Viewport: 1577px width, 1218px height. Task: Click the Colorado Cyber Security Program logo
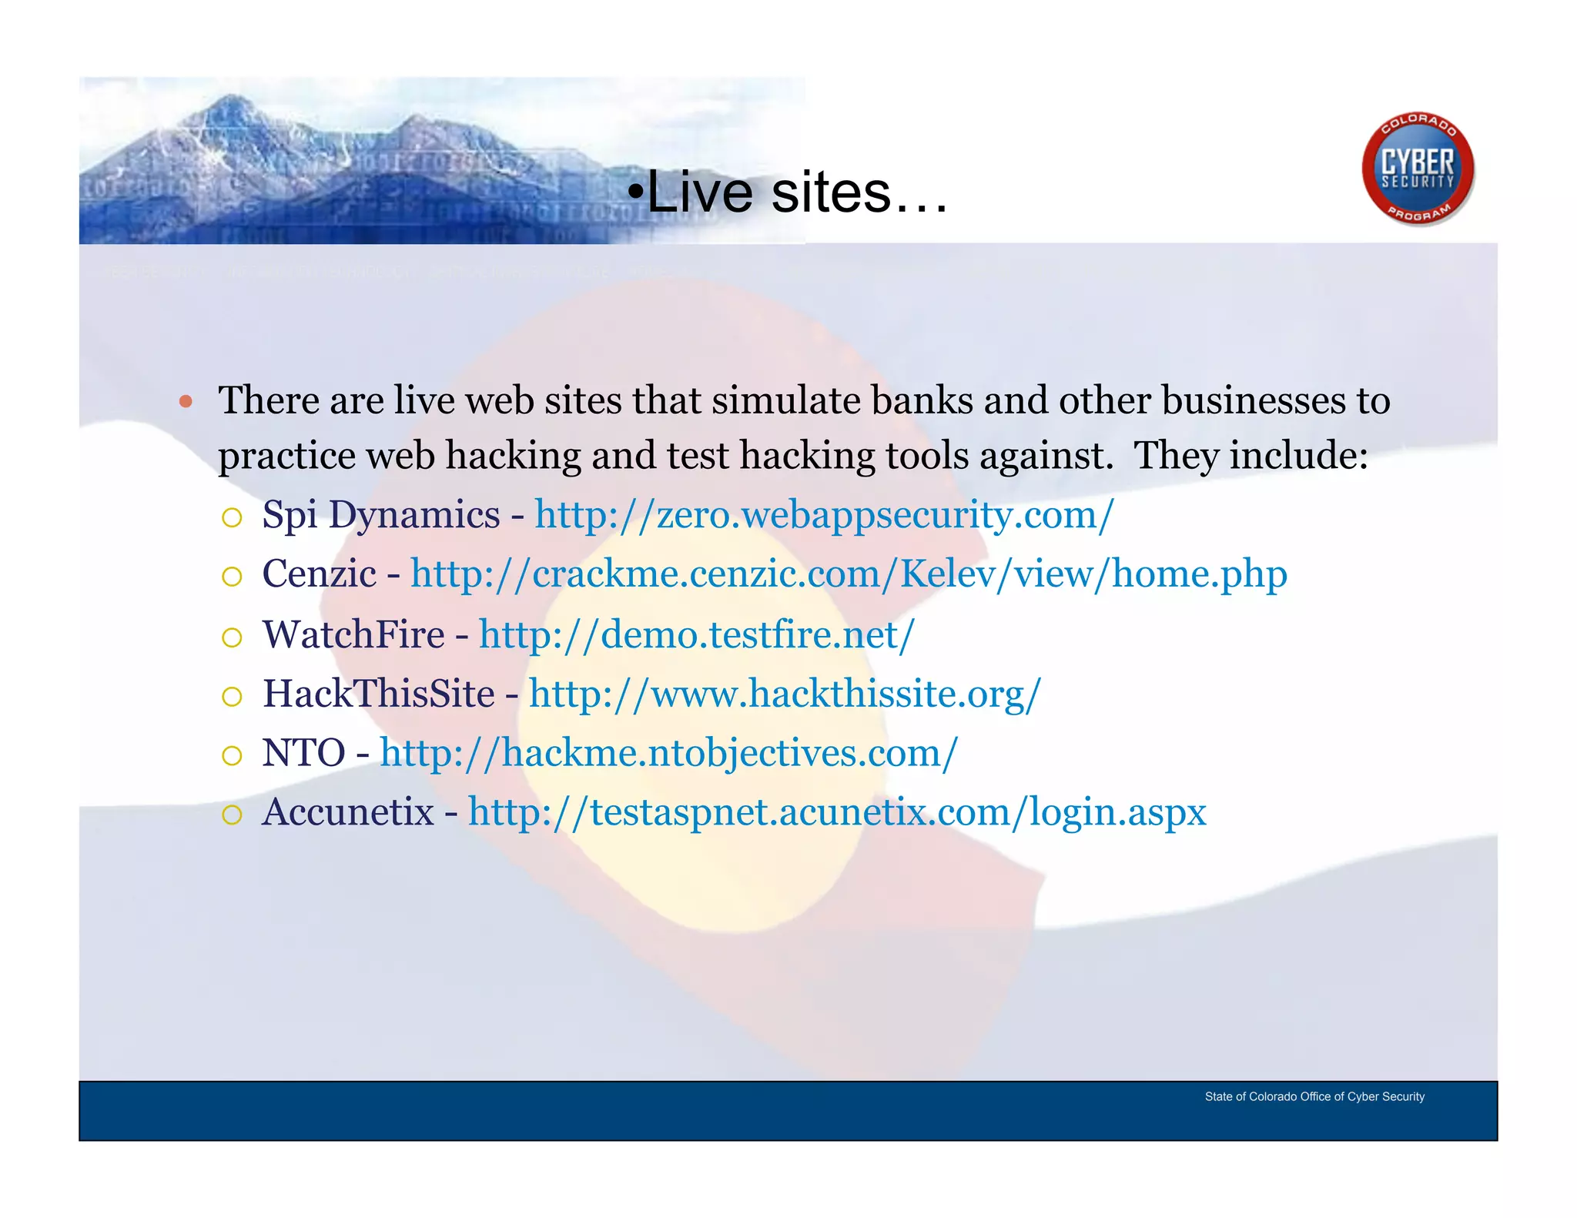pos(1418,170)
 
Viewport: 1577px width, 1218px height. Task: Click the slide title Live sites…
pos(788,192)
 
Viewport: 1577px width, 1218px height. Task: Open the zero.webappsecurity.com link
pos(824,514)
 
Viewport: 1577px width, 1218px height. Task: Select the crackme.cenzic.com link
pos(848,574)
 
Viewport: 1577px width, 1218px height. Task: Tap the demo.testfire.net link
pos(696,635)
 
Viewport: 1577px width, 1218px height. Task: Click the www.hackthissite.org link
pos(784,694)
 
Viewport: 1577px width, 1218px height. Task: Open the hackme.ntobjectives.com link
pos(668,753)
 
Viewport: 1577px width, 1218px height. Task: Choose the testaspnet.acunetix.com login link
pos(836,812)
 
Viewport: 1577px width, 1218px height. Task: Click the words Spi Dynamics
pos(380,514)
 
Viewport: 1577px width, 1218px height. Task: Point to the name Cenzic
pos(319,574)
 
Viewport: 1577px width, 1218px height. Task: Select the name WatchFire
pos(353,635)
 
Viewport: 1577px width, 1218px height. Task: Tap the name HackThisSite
pos(378,694)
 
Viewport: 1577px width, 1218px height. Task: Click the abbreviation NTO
pos(303,753)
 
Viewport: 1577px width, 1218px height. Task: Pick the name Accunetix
pos(348,812)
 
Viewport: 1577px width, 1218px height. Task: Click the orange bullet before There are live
pos(185,401)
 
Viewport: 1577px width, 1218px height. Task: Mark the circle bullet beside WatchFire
pos(232,637)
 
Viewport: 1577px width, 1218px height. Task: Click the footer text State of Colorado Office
pos(1314,1096)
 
